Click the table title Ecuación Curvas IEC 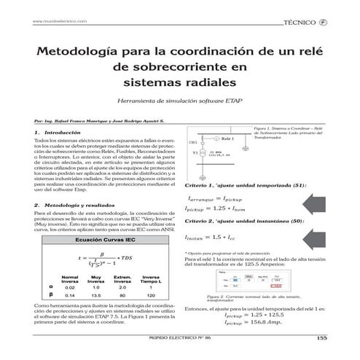pyautogui.click(x=97, y=240)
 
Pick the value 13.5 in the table pyautogui.click(x=95, y=296)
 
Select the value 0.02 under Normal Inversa pyautogui.click(x=69, y=288)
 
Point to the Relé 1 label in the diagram pyautogui.click(x=227, y=138)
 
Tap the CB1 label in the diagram pyautogui.click(x=193, y=142)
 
